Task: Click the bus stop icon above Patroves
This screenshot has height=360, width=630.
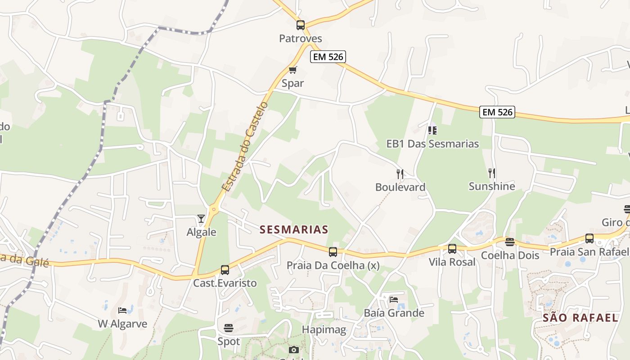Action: point(301,25)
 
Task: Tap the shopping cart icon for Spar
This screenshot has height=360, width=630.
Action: point(293,70)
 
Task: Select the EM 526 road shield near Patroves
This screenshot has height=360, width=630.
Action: point(328,57)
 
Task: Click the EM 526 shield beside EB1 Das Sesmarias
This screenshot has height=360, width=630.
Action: point(497,112)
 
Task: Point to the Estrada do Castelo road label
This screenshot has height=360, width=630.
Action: point(245,147)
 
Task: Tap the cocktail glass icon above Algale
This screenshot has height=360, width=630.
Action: point(201,219)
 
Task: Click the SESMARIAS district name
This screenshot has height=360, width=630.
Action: point(294,229)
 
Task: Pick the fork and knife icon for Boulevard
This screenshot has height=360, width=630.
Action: point(400,174)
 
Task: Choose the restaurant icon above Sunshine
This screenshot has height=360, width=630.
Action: point(492,173)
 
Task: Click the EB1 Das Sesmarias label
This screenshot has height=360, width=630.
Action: point(432,144)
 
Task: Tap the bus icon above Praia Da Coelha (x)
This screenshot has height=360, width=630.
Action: point(333,252)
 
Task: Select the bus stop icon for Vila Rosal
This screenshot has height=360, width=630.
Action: point(452,249)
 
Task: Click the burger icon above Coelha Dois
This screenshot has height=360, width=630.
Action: point(509,242)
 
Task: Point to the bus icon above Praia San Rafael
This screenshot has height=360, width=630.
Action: point(589,238)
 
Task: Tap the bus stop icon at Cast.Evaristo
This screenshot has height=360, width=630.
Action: point(225,270)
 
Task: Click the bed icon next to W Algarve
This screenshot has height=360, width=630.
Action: point(122,310)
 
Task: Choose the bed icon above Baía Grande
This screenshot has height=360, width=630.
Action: point(394,300)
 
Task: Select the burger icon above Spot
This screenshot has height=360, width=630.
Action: point(229,328)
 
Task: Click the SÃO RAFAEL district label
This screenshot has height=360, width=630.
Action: point(580,318)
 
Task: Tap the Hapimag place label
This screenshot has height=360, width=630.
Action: point(324,330)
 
